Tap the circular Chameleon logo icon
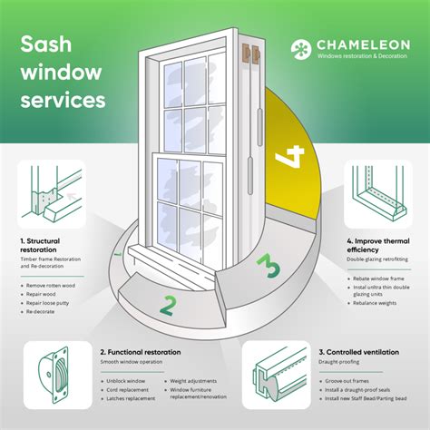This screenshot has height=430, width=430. [x=303, y=51]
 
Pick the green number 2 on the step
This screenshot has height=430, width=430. [x=168, y=306]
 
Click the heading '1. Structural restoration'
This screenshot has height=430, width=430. [x=47, y=248]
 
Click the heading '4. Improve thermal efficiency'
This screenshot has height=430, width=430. [x=378, y=248]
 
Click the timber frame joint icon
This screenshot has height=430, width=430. [x=50, y=193]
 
